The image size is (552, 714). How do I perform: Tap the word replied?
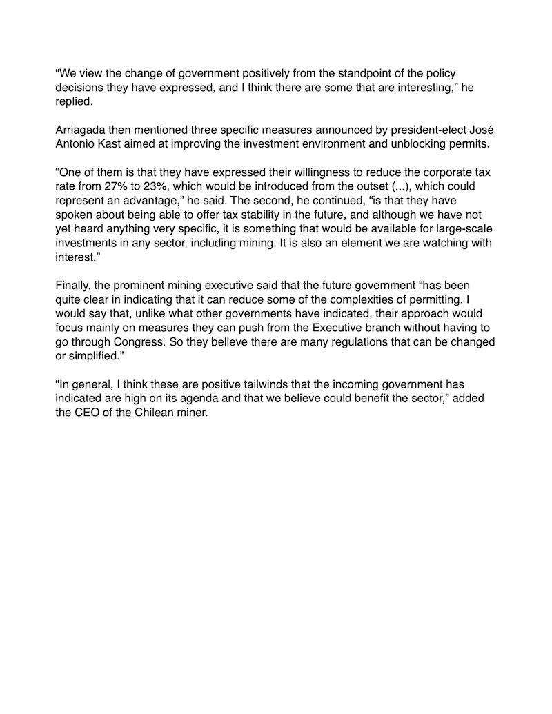(73, 100)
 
